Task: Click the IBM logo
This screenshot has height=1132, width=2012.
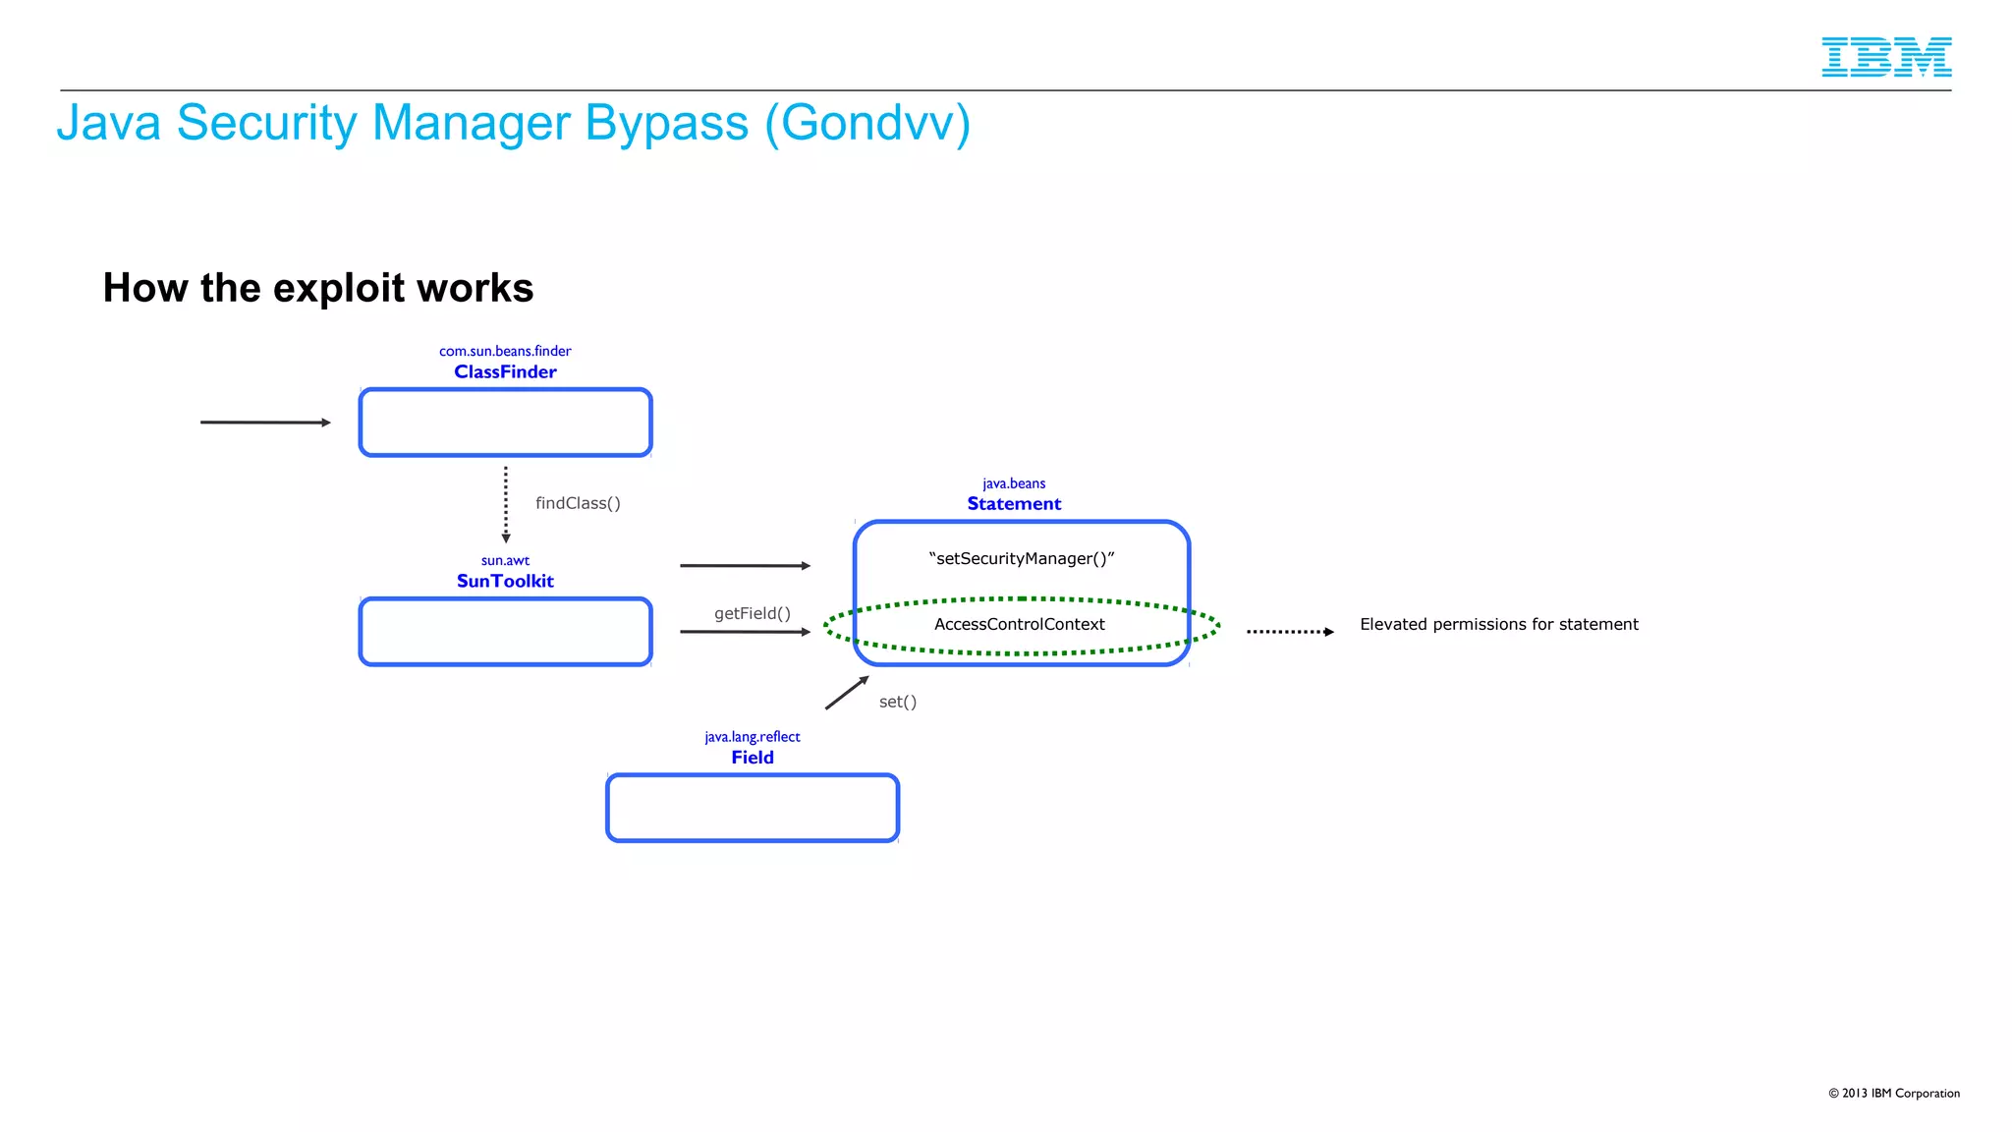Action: point(1885,57)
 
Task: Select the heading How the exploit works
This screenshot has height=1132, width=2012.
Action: point(317,288)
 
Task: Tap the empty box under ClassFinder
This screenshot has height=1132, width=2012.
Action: point(505,423)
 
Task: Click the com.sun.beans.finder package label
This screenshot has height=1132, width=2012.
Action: point(505,351)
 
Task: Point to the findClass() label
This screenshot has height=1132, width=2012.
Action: point(578,503)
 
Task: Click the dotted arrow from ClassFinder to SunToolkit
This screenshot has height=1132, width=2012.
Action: point(506,503)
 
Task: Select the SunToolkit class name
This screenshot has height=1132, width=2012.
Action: point(505,581)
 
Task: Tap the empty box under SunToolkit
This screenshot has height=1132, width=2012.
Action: point(505,632)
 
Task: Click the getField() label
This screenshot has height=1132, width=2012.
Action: point(752,613)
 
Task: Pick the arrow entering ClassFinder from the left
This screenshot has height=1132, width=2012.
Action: point(265,423)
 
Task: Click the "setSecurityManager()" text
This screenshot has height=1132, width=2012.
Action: point(1021,558)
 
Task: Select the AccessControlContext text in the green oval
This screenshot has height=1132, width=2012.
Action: point(1019,624)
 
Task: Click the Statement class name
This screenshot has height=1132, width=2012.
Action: point(1014,504)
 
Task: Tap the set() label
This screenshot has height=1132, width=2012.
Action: point(897,702)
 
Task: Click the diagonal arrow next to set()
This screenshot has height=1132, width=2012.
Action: point(846,693)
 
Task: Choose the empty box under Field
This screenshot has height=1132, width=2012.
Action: point(753,808)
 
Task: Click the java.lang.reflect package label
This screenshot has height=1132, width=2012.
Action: point(752,737)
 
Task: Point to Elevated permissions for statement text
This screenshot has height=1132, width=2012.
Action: point(1498,624)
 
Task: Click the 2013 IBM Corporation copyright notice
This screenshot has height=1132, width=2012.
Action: point(1893,1093)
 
